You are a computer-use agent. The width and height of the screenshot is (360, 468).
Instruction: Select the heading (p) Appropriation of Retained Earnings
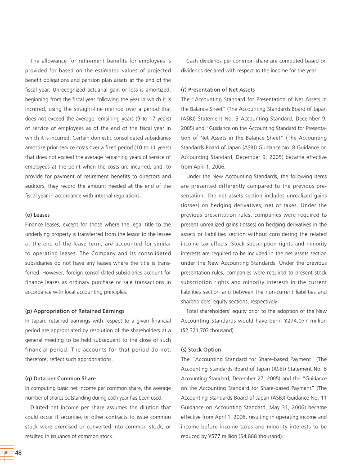74,311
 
